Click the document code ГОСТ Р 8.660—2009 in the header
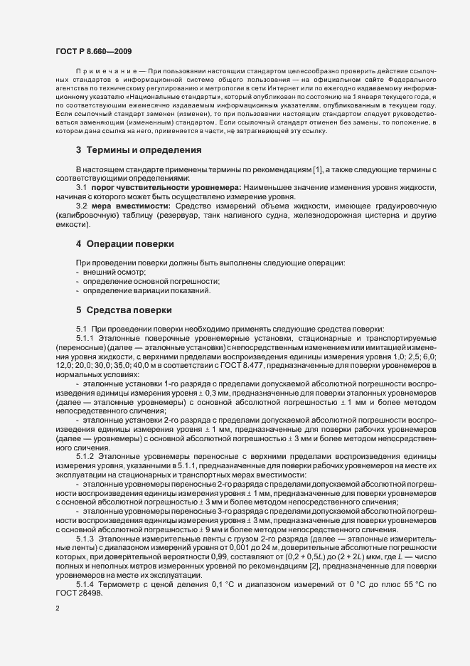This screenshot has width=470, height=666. tap(92, 51)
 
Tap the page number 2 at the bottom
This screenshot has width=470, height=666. tap(57, 610)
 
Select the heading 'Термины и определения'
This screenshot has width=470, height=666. tap(133, 150)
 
